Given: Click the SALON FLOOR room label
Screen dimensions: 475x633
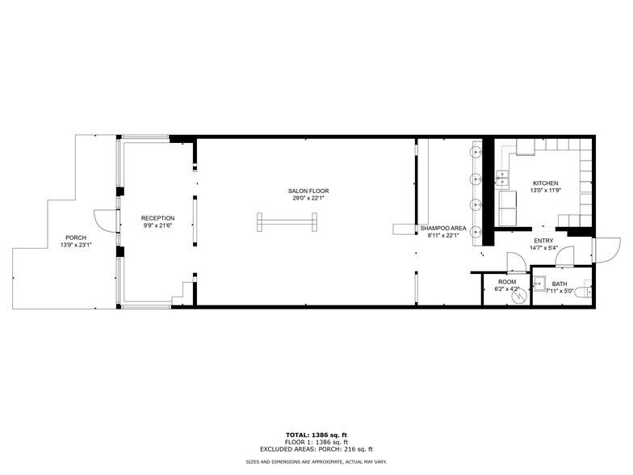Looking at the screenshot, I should [x=308, y=191].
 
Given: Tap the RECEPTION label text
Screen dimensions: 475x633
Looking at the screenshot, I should [x=157, y=218].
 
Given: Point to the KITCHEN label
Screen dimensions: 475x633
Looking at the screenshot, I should [x=545, y=183].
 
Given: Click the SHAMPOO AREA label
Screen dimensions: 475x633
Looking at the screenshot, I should [x=442, y=229].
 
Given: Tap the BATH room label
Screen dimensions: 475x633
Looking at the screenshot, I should [x=560, y=284].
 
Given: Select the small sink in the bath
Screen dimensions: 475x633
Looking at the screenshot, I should [x=539, y=283].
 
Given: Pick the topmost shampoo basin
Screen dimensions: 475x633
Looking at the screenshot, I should [x=476, y=150].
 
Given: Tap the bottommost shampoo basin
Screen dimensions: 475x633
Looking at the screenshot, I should [x=476, y=229].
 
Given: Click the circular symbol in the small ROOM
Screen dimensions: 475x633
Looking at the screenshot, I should [x=518, y=296].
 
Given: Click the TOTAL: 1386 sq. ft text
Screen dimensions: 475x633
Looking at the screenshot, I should [x=316, y=435].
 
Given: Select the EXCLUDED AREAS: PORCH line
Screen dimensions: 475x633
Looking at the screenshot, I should [x=316, y=449].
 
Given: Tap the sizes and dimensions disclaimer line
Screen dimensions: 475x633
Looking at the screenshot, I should [x=316, y=461].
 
